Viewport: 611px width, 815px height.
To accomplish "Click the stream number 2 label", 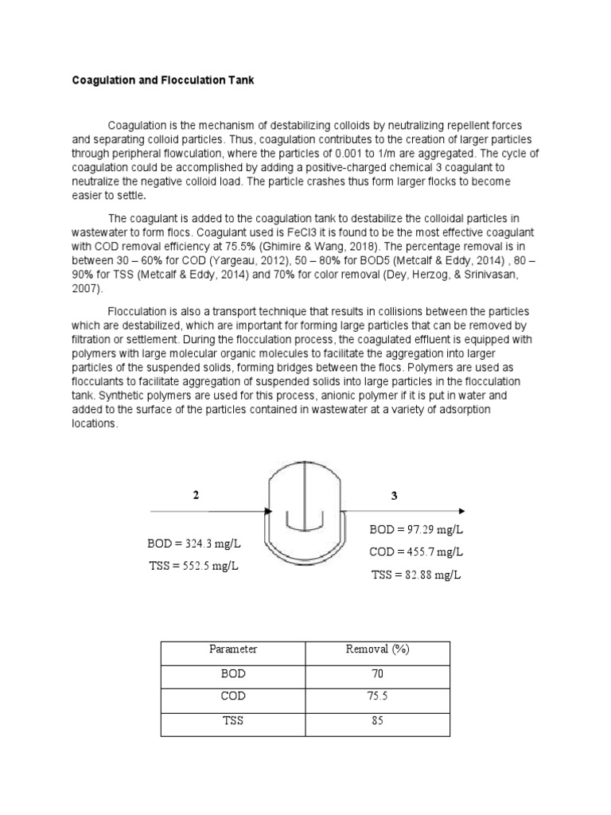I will pyautogui.click(x=196, y=495).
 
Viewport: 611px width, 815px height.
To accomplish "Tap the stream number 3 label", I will pyautogui.click(x=394, y=496).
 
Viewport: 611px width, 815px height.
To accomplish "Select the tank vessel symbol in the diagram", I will pyautogui.click(x=305, y=509).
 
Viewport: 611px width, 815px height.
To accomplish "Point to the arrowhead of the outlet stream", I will pyautogui.click(x=461, y=512).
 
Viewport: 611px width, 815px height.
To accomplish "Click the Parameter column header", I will pyautogui.click(x=233, y=649).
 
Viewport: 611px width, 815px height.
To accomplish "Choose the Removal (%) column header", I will pyautogui.click(x=377, y=649).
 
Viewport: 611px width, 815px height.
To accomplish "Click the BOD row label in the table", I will pyautogui.click(x=233, y=673).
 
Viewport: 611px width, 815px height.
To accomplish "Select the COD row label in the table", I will pyautogui.click(x=233, y=696).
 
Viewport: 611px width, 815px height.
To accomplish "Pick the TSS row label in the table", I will pyautogui.click(x=233, y=721).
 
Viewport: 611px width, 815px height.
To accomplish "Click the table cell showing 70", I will pyautogui.click(x=377, y=673).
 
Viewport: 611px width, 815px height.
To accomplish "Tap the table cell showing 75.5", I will pyautogui.click(x=377, y=696).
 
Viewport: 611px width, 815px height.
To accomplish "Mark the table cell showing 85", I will pyautogui.click(x=377, y=721).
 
